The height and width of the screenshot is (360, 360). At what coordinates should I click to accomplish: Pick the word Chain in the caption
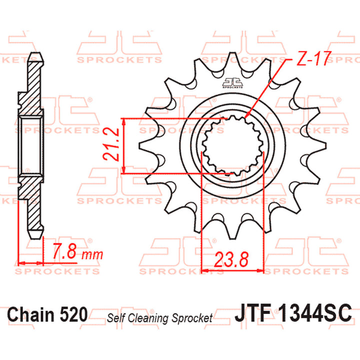point(30,315)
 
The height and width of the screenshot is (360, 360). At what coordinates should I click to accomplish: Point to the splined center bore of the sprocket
point(231,144)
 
